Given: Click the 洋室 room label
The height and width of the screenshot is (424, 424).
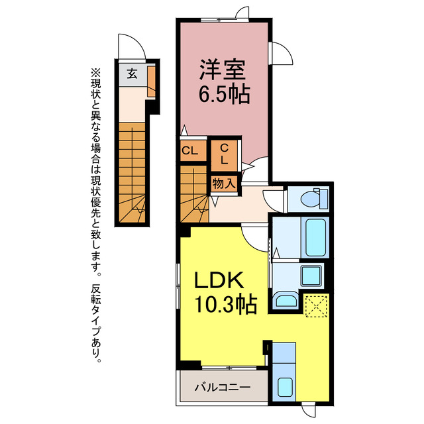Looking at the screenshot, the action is [x=223, y=70].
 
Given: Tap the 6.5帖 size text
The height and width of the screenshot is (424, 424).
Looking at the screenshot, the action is [x=224, y=94].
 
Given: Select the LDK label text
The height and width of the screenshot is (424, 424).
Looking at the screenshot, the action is [x=219, y=280].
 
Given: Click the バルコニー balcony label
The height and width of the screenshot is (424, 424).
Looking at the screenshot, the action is [x=223, y=387].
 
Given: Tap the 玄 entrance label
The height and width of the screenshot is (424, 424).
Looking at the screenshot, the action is [x=132, y=74].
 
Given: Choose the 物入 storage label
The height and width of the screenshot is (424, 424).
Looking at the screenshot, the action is [x=224, y=184].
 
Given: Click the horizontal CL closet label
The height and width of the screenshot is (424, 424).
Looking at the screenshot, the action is [x=190, y=150].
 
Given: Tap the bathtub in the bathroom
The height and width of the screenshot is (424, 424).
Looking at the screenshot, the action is [x=315, y=237].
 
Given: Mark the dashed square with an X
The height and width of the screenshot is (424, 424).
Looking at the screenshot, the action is [x=316, y=306].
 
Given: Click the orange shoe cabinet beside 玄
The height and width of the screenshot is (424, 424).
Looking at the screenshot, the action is [x=151, y=81].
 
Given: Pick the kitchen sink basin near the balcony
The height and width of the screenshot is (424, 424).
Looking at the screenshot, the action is [x=285, y=387].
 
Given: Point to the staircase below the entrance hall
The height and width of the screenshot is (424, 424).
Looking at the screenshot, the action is [x=132, y=172].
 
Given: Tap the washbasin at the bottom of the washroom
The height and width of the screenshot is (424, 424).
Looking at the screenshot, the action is [x=286, y=301].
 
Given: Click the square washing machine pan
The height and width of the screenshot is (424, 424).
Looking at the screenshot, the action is [x=311, y=276].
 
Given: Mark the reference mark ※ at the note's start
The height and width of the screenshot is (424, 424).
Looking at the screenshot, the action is [x=95, y=72].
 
